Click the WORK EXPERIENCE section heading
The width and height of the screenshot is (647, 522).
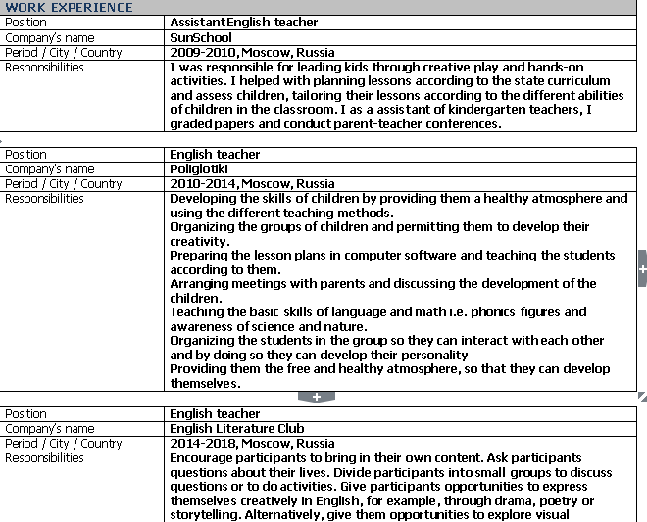click(69, 7)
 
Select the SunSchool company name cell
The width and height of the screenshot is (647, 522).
click(201, 37)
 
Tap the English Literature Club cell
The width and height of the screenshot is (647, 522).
click(236, 428)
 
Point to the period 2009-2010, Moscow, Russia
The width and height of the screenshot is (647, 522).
click(252, 52)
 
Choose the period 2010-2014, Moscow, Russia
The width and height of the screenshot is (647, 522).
click(252, 183)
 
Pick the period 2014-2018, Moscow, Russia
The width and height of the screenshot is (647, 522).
click(252, 443)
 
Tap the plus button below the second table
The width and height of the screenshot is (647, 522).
click(316, 397)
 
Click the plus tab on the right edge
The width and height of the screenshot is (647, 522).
click(642, 266)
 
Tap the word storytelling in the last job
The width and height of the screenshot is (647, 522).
click(204, 514)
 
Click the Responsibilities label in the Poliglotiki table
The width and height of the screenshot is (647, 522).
click(44, 198)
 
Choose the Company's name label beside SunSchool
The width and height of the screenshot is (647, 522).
click(49, 37)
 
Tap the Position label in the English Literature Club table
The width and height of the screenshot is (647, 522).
click(25, 413)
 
